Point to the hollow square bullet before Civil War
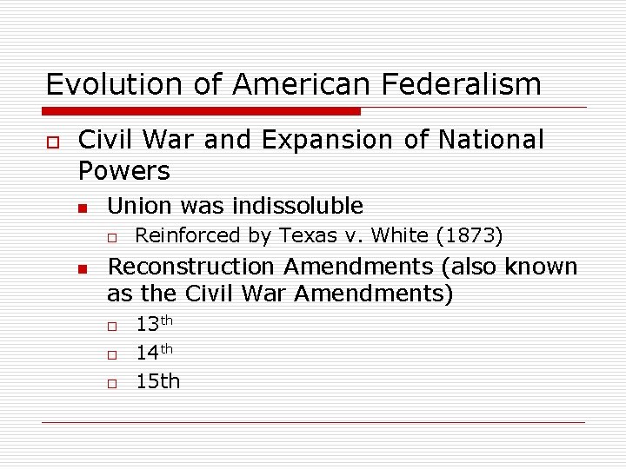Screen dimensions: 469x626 (x=52, y=141)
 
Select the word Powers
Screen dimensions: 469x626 (x=124, y=170)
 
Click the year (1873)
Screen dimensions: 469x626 (x=469, y=235)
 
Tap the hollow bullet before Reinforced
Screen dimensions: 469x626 (x=112, y=237)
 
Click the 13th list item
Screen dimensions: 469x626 (x=155, y=325)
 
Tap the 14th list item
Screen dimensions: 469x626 (x=155, y=353)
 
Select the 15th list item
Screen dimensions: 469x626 (x=157, y=380)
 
